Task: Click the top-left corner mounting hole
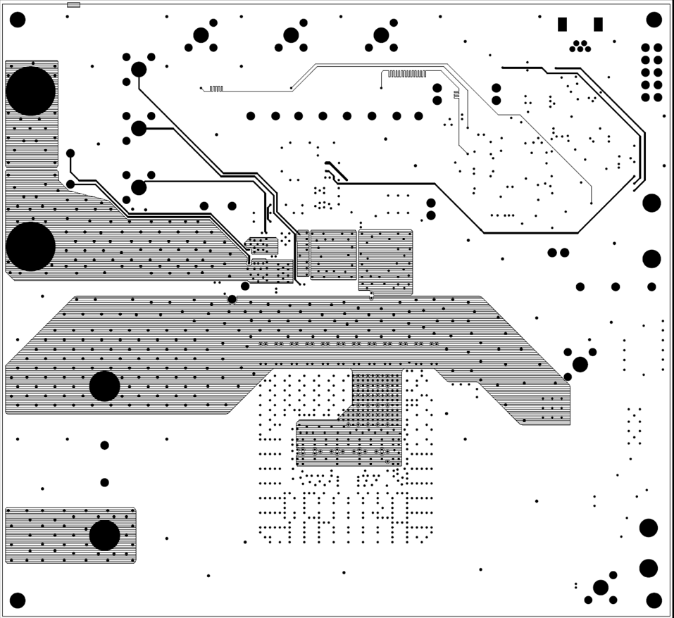point(18,20)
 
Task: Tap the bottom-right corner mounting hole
point(654,600)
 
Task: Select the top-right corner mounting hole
point(654,20)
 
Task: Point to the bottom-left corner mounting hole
point(18,600)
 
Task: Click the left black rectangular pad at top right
point(562,25)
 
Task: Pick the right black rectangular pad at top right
point(598,25)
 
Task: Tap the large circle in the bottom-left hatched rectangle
point(104,535)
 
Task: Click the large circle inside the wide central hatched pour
point(104,386)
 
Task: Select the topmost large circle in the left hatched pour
point(30,91)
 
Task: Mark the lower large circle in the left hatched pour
point(30,246)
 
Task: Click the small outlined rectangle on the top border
point(73,5)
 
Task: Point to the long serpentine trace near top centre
point(407,73)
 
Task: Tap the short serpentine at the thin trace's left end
point(216,89)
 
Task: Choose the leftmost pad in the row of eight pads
point(251,116)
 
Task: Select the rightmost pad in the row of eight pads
point(418,116)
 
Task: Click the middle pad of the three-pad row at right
point(616,286)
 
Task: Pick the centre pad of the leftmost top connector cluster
point(201,35)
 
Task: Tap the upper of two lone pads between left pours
point(104,445)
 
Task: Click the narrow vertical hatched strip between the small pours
point(303,253)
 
